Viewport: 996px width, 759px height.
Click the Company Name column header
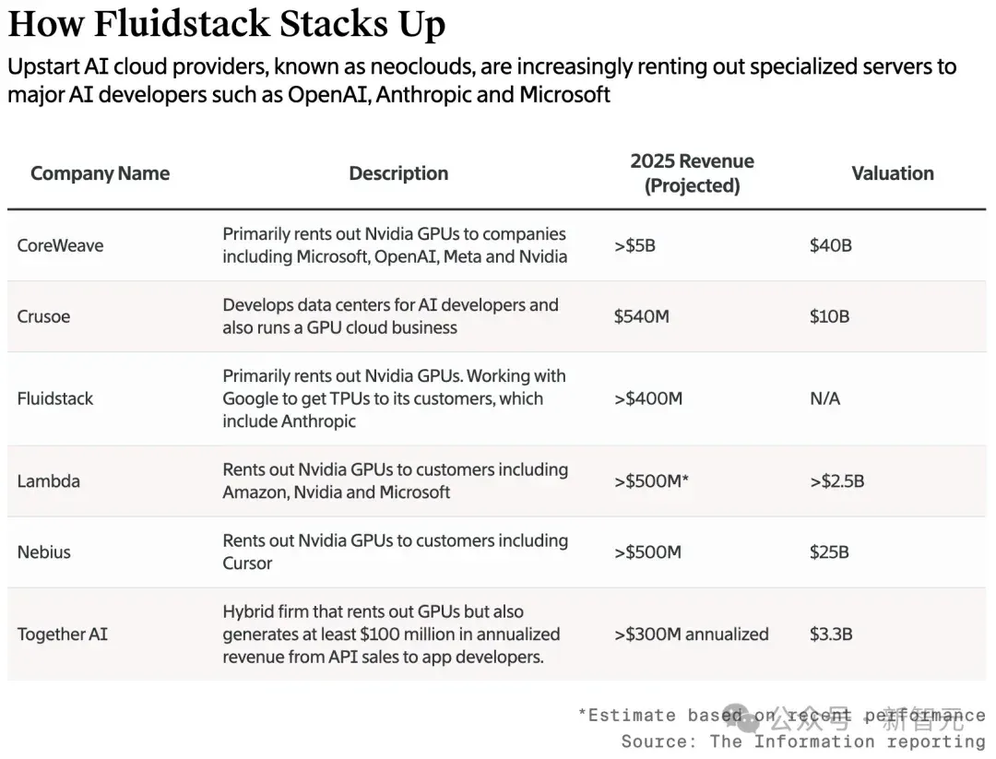(x=101, y=173)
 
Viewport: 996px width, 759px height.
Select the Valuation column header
(x=893, y=173)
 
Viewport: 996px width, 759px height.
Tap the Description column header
(x=398, y=173)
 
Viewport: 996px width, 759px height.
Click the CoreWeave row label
(x=60, y=246)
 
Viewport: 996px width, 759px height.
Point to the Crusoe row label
(x=43, y=316)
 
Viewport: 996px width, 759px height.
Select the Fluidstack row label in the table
(x=55, y=399)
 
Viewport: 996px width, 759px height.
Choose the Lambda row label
(x=48, y=480)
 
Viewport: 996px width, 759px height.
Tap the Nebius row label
(x=44, y=551)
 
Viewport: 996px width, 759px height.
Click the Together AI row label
(x=63, y=634)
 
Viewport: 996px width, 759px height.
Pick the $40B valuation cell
(x=830, y=246)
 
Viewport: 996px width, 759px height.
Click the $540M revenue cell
(x=641, y=316)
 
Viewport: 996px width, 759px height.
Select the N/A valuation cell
(x=824, y=399)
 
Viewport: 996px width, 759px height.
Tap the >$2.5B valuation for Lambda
(x=836, y=480)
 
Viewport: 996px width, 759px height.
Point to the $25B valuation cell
(x=829, y=551)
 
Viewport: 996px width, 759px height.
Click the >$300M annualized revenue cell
(x=691, y=634)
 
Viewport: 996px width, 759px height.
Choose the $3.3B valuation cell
(x=831, y=634)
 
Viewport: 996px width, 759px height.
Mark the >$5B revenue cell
(x=634, y=246)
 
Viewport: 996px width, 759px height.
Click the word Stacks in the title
(x=334, y=24)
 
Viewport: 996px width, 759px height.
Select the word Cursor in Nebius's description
(x=247, y=563)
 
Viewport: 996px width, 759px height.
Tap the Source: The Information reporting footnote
(x=803, y=741)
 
